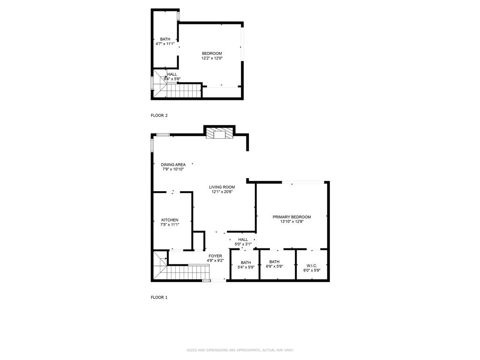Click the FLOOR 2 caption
tap(159, 115)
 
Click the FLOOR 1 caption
tap(159, 297)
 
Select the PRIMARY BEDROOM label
tap(292, 217)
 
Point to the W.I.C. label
tap(312, 265)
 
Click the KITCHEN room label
tap(170, 220)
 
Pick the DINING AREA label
tap(173, 165)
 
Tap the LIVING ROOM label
tap(222, 187)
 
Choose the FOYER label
tap(215, 256)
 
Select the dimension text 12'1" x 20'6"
tap(222, 192)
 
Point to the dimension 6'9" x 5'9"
tap(274, 267)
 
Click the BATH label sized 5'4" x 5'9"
tap(246, 262)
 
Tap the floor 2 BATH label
tap(165, 39)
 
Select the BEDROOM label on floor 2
tap(212, 53)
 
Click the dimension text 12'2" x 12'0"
tap(212, 58)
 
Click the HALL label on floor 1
tap(243, 240)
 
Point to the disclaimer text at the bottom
tap(240, 350)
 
